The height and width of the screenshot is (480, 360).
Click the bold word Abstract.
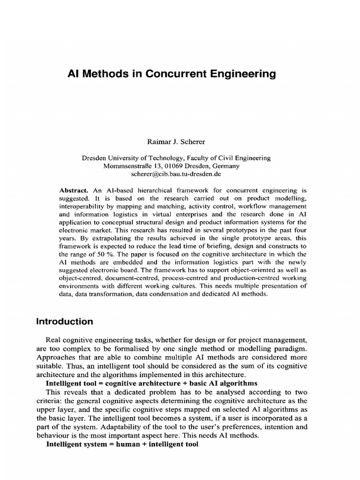pyautogui.click(x=74, y=191)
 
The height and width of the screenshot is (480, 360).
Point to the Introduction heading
pyautogui.click(x=65, y=322)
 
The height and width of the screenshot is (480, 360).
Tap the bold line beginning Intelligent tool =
pyautogui.click(x=152, y=382)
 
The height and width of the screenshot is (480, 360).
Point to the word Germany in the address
pyautogui.click(x=226, y=166)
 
